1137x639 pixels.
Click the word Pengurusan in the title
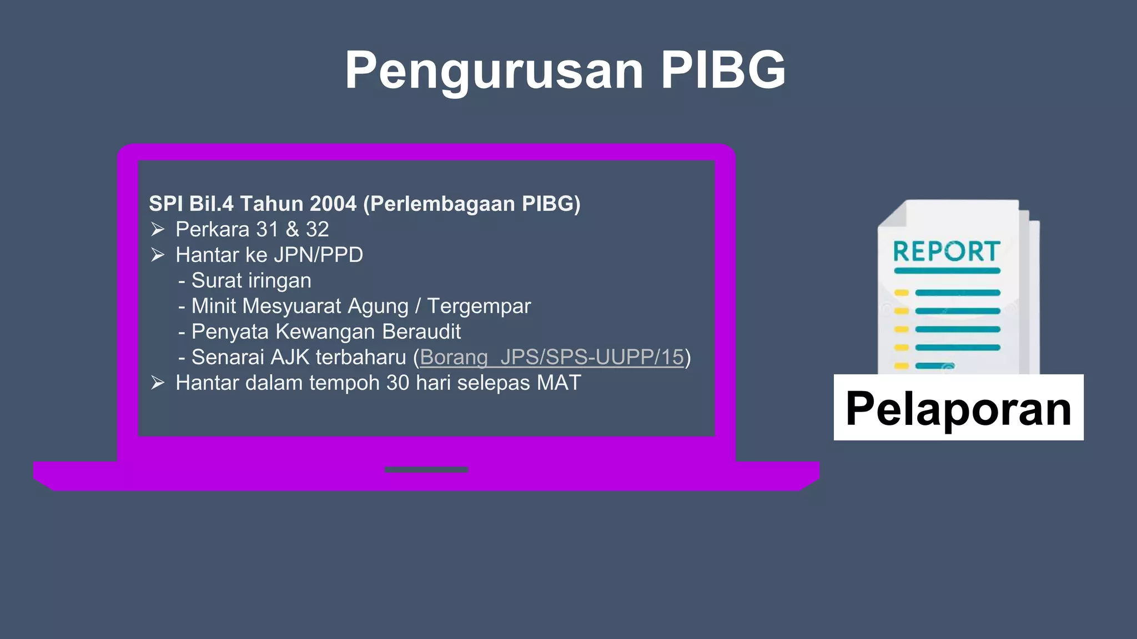tap(494, 70)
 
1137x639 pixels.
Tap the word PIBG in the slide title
tap(723, 70)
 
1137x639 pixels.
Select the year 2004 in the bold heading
tap(333, 204)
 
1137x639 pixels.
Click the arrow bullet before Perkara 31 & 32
tap(158, 229)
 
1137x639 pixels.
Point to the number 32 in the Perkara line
tap(317, 230)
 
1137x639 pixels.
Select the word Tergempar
tap(479, 306)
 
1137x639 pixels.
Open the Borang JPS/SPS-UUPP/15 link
tap(552, 357)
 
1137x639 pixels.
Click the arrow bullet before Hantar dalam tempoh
tap(158, 383)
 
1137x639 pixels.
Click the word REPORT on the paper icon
tap(947, 252)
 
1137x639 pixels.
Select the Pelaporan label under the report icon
tap(958, 408)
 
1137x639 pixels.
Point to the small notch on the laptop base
tap(426, 470)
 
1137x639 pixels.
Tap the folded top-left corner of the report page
tap(892, 214)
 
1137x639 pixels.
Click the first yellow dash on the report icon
tap(901, 293)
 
